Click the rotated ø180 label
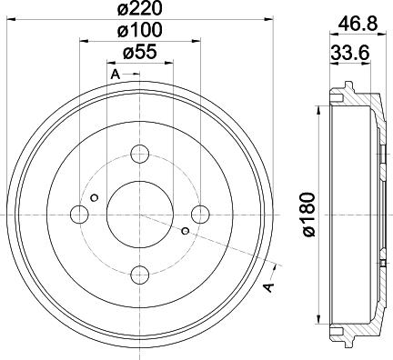coord(308,215)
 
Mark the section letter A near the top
coord(115,73)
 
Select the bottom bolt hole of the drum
coord(139,273)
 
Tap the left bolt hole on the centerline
coord(80,214)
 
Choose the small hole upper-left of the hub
coord(95,195)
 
